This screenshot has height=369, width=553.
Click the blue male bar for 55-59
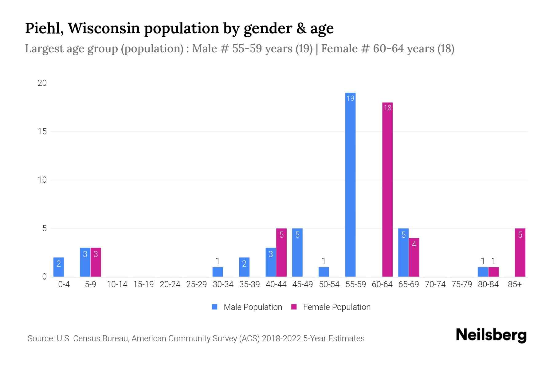[350, 184]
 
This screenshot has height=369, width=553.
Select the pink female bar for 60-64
[387, 189]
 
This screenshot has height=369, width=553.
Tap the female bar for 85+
[520, 252]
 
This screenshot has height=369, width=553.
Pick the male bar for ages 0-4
[59, 267]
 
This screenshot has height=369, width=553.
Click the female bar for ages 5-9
[96, 262]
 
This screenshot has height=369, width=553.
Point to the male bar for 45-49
[297, 252]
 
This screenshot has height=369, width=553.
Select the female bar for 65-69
[414, 257]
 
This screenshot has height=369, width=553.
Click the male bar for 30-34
[218, 272]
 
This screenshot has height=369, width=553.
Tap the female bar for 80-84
[493, 272]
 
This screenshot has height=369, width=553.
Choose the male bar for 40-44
[271, 262]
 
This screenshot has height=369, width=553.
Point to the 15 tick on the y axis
[42, 132]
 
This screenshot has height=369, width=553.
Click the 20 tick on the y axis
[42, 83]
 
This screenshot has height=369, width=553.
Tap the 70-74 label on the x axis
[435, 284]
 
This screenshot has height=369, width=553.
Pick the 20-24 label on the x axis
[170, 284]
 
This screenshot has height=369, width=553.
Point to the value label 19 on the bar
[350, 98]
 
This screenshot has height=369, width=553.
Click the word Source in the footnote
[41, 339]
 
